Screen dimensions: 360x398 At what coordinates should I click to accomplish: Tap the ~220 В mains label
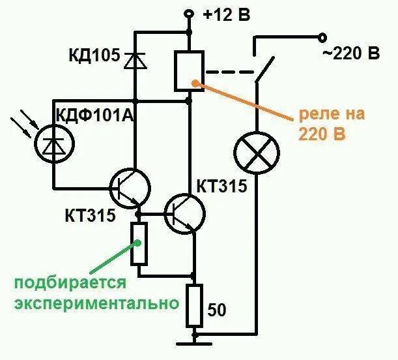352,54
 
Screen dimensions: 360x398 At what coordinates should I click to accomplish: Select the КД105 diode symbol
136,59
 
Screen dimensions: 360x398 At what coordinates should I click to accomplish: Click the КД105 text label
94,56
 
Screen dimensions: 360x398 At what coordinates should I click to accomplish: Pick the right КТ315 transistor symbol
184,214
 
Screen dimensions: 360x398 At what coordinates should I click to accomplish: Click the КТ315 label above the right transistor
221,188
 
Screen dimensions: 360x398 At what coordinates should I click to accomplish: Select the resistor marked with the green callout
138,243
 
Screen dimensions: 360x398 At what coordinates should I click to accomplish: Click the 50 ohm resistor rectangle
194,305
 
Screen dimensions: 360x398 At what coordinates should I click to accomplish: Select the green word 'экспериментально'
95,304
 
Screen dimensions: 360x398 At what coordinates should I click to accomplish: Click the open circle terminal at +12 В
189,13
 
